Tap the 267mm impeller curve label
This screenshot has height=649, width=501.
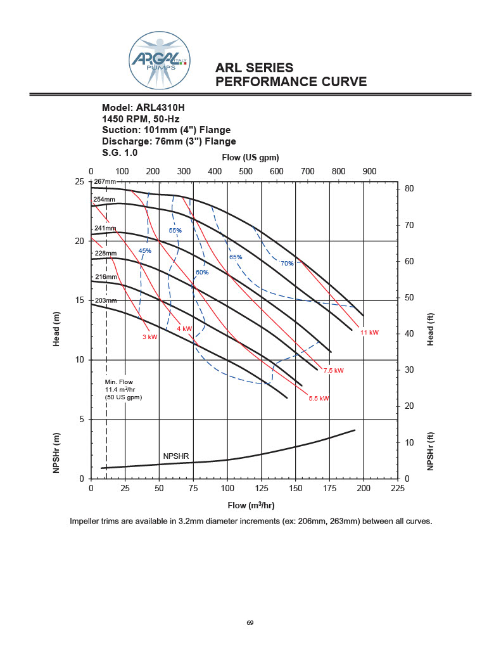click(x=106, y=182)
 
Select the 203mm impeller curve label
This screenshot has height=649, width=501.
click(x=106, y=300)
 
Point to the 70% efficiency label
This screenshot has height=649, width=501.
click(x=287, y=263)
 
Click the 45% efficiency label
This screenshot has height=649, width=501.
click(x=145, y=251)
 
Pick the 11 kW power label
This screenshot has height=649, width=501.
click(x=369, y=333)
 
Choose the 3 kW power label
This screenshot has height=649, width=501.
click(x=149, y=337)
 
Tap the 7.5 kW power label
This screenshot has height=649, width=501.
click(x=333, y=370)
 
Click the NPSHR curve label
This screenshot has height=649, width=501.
click(x=176, y=456)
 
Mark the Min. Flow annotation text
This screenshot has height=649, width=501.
click(x=124, y=389)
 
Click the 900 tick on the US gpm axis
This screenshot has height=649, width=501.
click(x=369, y=171)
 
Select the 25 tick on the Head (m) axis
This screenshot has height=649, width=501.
click(x=80, y=182)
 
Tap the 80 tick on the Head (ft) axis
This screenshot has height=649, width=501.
click(x=409, y=189)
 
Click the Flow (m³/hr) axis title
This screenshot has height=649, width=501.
click(x=251, y=506)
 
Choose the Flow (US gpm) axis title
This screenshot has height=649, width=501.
click(x=251, y=157)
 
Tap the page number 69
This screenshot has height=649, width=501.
click(x=250, y=623)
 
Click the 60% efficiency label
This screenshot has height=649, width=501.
click(x=202, y=273)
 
